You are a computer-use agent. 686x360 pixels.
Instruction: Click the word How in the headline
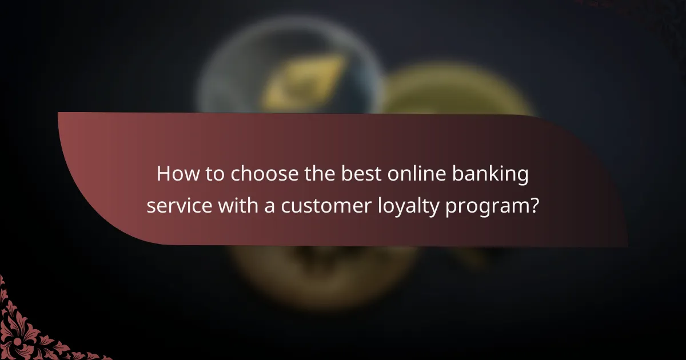175,175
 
